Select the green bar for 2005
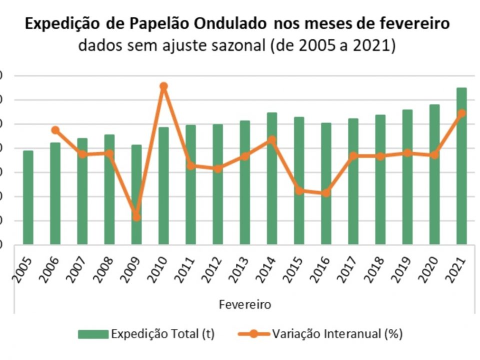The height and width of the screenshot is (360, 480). click(x=28, y=197)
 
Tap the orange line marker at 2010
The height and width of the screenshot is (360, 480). click(x=163, y=86)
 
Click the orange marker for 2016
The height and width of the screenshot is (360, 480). click(x=325, y=192)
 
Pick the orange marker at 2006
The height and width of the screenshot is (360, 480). click(x=55, y=130)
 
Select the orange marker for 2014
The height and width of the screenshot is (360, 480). click(x=271, y=139)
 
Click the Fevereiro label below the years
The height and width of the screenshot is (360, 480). click(x=244, y=304)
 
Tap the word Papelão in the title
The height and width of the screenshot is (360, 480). click(x=160, y=24)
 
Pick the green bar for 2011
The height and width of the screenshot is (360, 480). click(x=190, y=184)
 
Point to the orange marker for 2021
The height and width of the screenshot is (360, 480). click(x=461, y=113)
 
